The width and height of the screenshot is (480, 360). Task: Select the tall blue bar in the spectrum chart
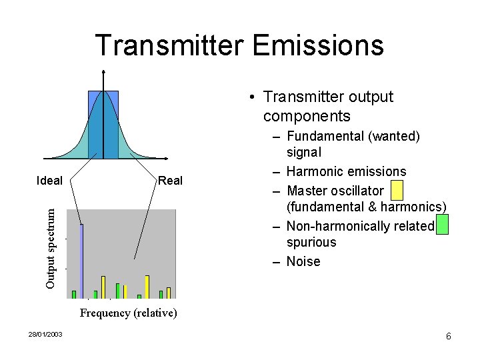pyautogui.click(x=81, y=260)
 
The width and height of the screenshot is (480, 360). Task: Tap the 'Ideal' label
pyautogui.click(x=49, y=180)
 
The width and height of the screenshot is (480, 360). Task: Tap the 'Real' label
pyautogui.click(x=170, y=180)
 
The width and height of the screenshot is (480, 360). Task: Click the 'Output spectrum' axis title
pyautogui.click(x=51, y=247)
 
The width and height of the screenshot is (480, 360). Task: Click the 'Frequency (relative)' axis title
pyautogui.click(x=128, y=313)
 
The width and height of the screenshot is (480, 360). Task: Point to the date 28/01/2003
pyautogui.click(x=45, y=334)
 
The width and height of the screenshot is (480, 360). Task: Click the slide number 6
pyautogui.click(x=449, y=336)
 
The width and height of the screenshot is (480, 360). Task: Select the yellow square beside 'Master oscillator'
pyautogui.click(x=397, y=191)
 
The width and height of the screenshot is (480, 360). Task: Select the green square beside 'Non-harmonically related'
pyautogui.click(x=441, y=225)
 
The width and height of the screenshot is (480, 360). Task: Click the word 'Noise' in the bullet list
pyautogui.click(x=303, y=261)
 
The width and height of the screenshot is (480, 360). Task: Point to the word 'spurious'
pyautogui.click(x=311, y=242)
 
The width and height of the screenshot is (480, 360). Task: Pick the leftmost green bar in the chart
pyautogui.click(x=74, y=294)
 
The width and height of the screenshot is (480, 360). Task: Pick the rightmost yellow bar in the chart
pyautogui.click(x=169, y=292)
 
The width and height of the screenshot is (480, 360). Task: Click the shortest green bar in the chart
pyautogui.click(x=139, y=296)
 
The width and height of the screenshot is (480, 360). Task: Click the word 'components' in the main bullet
pyautogui.click(x=307, y=116)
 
